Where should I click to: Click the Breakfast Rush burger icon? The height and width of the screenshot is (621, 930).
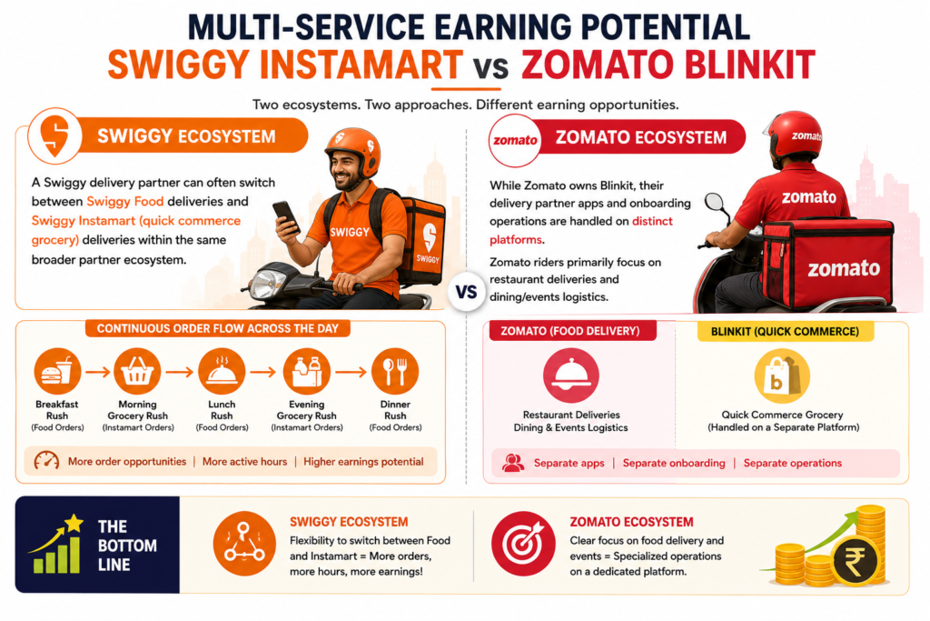(x=57, y=372)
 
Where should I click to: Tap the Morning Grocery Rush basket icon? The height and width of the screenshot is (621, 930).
(x=137, y=372)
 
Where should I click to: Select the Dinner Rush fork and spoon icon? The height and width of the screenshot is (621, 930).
(x=395, y=372)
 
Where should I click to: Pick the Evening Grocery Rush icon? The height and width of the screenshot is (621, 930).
(x=307, y=372)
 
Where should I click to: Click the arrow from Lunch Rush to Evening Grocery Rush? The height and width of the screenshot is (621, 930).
(x=262, y=372)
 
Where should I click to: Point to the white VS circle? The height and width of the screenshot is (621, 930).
(x=466, y=292)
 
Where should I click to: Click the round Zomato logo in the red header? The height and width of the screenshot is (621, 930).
(x=515, y=140)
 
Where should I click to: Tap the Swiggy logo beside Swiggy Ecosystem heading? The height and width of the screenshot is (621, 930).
(x=54, y=135)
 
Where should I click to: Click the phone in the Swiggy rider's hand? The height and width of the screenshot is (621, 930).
(x=286, y=216)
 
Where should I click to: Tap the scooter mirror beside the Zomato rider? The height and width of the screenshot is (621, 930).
(x=714, y=202)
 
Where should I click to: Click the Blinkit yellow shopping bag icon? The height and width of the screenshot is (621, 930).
(x=782, y=376)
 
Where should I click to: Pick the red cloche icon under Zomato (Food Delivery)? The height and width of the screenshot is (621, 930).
(x=570, y=376)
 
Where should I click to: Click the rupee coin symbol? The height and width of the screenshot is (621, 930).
(x=855, y=560)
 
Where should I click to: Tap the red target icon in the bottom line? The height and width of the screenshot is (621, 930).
(x=523, y=543)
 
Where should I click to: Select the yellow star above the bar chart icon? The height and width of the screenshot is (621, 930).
(x=74, y=523)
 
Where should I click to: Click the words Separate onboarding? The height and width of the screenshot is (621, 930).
(x=674, y=463)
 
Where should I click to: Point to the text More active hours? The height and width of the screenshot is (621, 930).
(x=244, y=462)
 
